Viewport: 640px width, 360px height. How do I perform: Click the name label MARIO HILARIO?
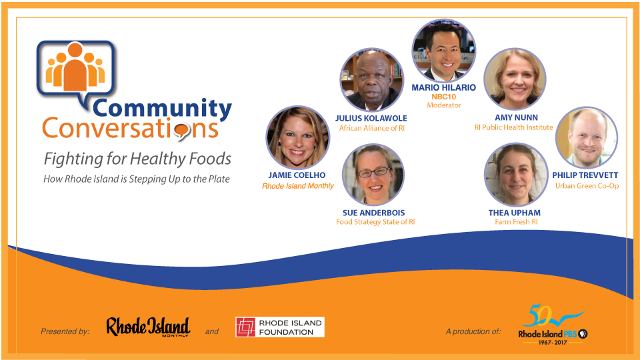coord(444,87)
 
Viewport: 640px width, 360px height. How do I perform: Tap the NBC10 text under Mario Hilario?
coord(444,97)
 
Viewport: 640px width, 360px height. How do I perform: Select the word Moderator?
coord(444,105)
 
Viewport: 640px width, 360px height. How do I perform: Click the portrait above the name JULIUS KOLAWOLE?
coord(372,80)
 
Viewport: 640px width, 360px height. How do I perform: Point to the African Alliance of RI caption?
coord(372,128)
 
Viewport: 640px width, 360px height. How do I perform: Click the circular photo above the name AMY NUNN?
coord(515,79)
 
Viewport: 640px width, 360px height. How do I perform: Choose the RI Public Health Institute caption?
coord(513,127)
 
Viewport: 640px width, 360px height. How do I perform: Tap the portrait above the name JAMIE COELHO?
coord(297,138)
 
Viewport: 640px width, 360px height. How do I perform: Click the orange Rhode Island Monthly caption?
coord(297,186)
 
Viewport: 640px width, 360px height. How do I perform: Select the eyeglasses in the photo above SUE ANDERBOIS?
coord(374,172)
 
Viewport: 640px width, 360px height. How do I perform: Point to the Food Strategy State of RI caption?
coord(375,222)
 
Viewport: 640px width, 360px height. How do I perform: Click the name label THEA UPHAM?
coord(514,213)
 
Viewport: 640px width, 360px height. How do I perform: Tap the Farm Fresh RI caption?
coord(516,222)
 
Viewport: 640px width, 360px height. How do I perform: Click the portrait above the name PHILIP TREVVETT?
coord(587,138)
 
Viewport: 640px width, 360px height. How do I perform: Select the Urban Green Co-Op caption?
coord(587,186)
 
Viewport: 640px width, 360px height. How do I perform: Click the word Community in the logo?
coord(162,108)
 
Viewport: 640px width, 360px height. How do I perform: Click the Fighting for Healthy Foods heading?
coord(137,159)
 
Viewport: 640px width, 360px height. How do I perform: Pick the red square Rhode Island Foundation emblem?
coord(245,327)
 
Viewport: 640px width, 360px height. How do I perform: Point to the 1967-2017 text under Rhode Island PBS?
coord(553,343)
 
